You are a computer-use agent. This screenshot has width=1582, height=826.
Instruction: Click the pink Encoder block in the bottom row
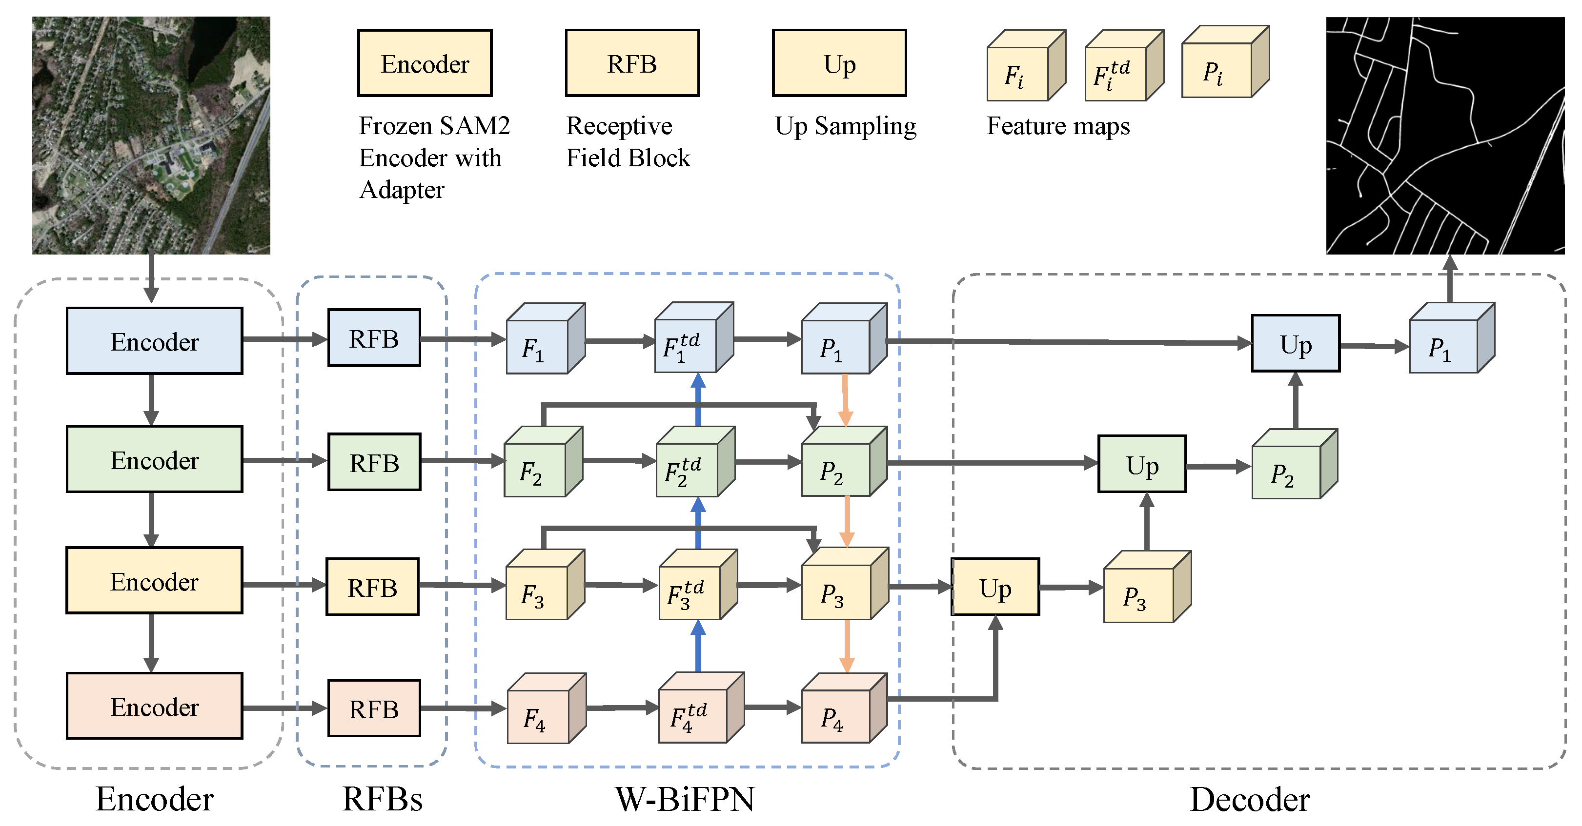(x=154, y=707)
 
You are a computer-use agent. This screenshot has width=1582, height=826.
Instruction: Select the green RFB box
(x=374, y=462)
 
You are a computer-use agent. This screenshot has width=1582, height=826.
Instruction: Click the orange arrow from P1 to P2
(x=845, y=399)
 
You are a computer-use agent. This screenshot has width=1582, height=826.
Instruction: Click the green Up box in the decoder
(x=1142, y=465)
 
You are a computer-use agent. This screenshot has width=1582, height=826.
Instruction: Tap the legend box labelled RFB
(x=632, y=63)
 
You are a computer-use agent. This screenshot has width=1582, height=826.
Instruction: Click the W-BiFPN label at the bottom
(x=685, y=799)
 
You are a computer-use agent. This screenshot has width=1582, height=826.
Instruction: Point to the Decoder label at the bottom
(x=1250, y=799)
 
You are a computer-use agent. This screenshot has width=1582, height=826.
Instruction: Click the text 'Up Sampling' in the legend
(x=845, y=126)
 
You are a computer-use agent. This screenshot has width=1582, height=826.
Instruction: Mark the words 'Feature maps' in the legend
(x=1057, y=126)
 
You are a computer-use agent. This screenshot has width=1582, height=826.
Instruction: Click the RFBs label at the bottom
(x=382, y=799)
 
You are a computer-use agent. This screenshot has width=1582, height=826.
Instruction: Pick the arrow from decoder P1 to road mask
(x=1450, y=279)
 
